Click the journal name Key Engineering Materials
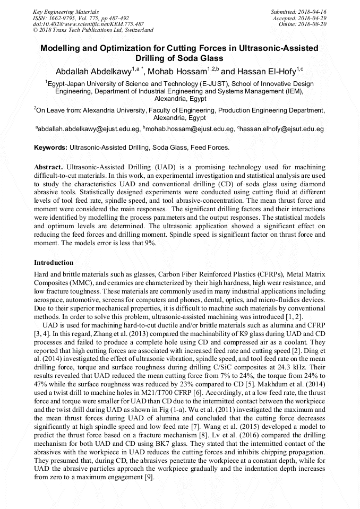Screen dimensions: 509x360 tap(65, 11)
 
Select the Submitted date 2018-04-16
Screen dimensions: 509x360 tap(314, 11)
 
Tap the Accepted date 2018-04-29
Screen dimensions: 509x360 tap(314, 18)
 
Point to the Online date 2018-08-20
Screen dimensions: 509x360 tap(314, 24)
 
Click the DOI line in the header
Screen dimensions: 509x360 tap(88, 24)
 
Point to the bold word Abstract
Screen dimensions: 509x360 tap(49, 167)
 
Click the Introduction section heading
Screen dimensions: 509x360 tap(54, 263)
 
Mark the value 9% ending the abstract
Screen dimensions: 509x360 tap(151, 243)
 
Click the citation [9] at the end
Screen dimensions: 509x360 tap(148, 478)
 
